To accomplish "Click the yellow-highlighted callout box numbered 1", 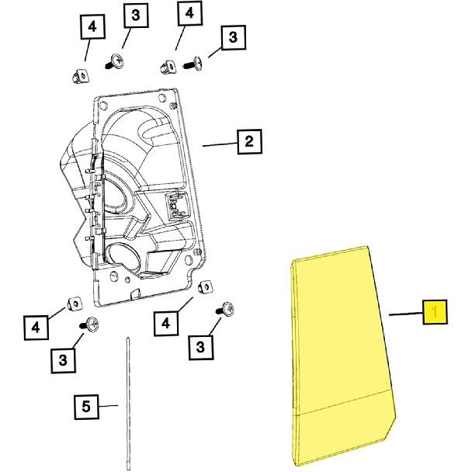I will [x=436, y=313].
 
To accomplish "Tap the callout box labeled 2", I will [x=248, y=142].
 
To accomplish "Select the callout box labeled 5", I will [x=86, y=405].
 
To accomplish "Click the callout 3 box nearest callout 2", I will [x=231, y=37].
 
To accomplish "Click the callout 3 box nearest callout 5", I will [x=64, y=359].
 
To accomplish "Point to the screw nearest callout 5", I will [x=91, y=325].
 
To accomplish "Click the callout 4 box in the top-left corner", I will [x=92, y=27].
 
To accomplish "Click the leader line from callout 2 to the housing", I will [x=219, y=144].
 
